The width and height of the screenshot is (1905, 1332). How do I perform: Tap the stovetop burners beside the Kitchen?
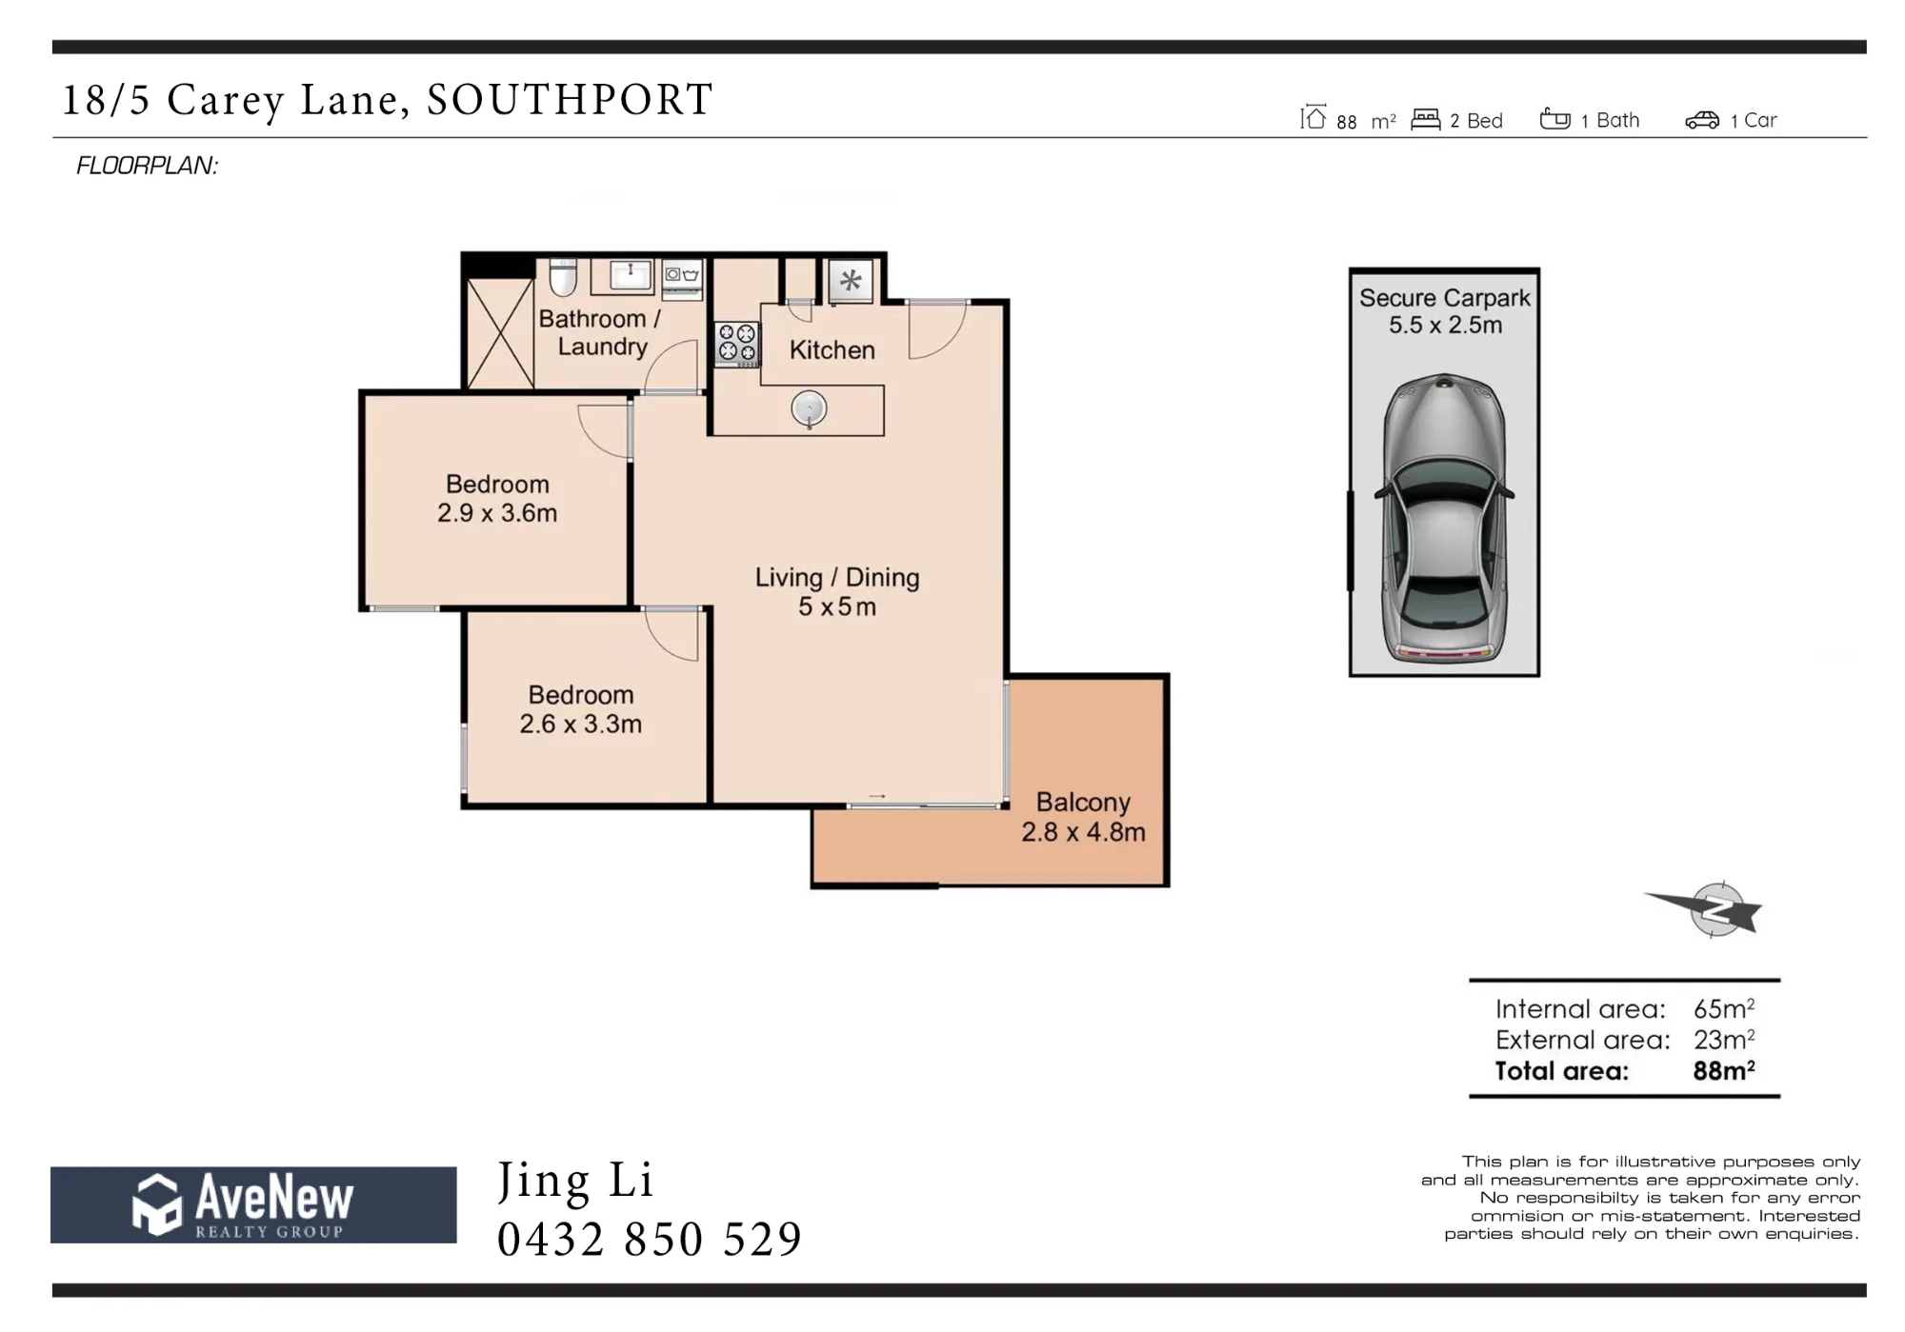click(737, 344)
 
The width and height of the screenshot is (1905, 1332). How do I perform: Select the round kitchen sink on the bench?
click(809, 409)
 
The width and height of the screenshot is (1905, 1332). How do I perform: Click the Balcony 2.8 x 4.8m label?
click(1083, 817)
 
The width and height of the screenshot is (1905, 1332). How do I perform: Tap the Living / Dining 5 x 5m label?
click(837, 591)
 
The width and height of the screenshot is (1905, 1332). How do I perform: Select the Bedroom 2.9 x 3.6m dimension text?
click(497, 512)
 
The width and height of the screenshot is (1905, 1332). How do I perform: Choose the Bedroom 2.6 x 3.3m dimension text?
click(580, 724)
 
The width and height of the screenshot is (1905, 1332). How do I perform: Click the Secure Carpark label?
click(1444, 298)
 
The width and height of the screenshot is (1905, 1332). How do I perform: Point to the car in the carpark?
click(1444, 518)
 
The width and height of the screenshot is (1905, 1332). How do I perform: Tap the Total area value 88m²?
click(1723, 1070)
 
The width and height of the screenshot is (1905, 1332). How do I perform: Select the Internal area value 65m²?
click(1723, 1008)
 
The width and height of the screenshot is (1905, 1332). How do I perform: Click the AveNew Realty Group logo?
click(253, 1204)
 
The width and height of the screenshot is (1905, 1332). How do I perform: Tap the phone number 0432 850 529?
click(650, 1240)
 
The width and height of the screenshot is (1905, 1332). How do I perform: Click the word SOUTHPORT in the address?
click(570, 100)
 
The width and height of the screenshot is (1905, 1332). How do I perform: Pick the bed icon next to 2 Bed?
click(1425, 119)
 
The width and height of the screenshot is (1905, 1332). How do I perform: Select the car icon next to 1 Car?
click(1702, 120)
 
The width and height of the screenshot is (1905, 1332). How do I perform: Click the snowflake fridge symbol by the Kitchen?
click(851, 281)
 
